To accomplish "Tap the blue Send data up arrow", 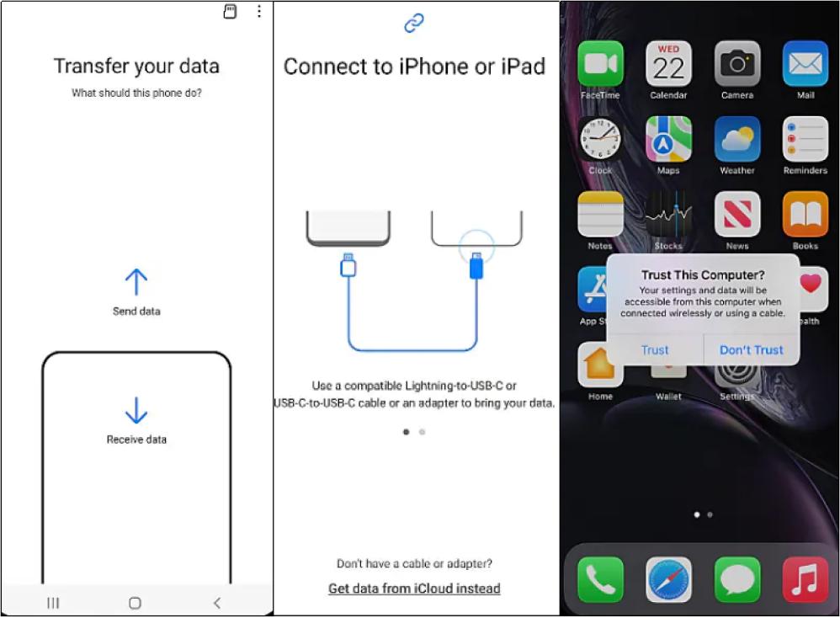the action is tap(136, 282).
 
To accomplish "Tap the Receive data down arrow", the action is tap(136, 411).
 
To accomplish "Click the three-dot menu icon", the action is tap(259, 11).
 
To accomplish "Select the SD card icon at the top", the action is tap(230, 11).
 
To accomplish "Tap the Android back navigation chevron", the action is tap(217, 603).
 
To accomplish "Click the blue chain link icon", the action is tap(413, 23).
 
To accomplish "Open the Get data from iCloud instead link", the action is tap(414, 589).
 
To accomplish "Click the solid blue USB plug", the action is tap(476, 265).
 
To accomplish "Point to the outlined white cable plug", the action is tap(348, 264).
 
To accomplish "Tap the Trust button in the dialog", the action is tap(655, 350).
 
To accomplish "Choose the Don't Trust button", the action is tap(751, 350).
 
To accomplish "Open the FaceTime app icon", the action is tap(600, 63).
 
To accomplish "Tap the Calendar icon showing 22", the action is tap(668, 63).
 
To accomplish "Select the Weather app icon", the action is tap(736, 139).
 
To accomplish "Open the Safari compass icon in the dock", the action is tap(668, 579).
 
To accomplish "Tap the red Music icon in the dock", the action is tap(805, 579).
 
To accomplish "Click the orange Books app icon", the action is tap(805, 214).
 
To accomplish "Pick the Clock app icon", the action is tap(600, 139).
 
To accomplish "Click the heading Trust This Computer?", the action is tap(703, 275).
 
